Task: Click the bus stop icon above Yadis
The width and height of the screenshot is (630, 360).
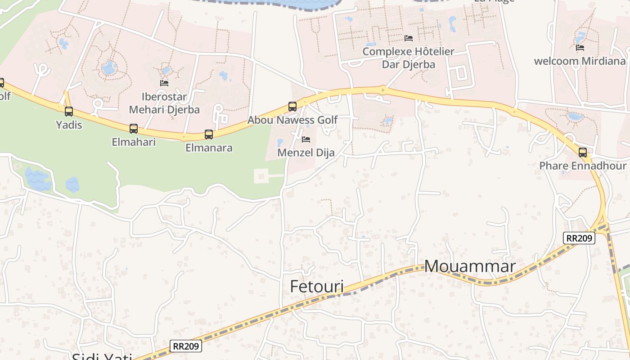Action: click(69, 111)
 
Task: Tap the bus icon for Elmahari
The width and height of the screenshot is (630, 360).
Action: click(134, 129)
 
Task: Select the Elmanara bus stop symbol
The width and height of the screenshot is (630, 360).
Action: click(209, 134)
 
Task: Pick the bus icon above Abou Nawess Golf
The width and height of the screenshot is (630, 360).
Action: click(292, 107)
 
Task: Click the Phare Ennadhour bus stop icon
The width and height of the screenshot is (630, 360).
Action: click(583, 153)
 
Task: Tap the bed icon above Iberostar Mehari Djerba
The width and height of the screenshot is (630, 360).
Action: click(164, 83)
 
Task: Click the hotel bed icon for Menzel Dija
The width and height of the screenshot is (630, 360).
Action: click(306, 139)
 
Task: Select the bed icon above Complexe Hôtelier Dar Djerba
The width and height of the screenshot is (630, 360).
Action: click(409, 38)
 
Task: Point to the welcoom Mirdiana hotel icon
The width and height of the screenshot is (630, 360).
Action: click(580, 48)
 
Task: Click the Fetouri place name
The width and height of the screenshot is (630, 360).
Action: click(317, 287)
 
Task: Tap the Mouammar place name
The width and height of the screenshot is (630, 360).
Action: click(470, 266)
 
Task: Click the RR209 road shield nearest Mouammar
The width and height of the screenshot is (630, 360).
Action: click(579, 238)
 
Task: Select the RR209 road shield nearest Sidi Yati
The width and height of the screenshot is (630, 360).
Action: click(186, 346)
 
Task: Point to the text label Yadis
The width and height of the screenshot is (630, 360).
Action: click(69, 125)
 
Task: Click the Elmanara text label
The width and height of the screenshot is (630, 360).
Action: click(209, 148)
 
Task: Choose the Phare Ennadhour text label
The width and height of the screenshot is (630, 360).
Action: click(583, 166)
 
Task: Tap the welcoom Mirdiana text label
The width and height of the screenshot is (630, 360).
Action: click(580, 61)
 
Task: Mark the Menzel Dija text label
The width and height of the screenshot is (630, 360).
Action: click(306, 153)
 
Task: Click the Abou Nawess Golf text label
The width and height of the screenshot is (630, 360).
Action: click(292, 120)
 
